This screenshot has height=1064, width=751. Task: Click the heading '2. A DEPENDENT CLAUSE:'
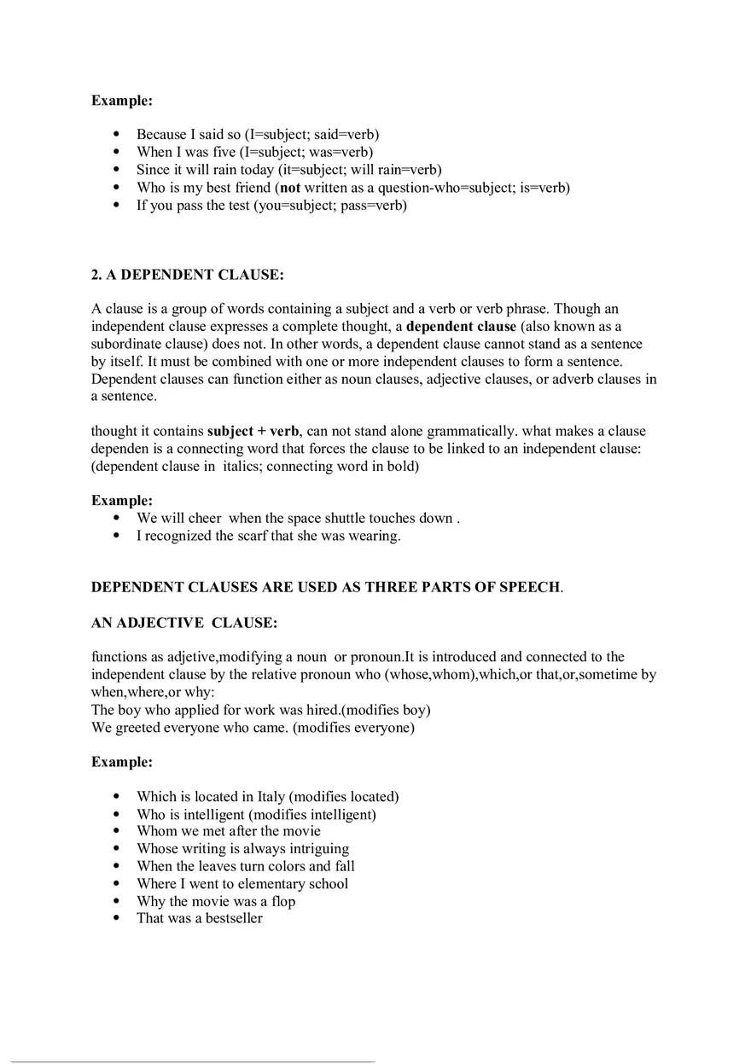point(188,276)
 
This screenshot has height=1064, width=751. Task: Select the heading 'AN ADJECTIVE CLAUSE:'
point(183,623)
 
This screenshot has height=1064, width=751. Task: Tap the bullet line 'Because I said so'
point(258,135)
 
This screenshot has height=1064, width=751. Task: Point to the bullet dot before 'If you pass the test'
point(117,206)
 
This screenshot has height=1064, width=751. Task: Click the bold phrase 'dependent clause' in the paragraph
point(461,327)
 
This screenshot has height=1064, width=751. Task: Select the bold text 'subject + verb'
point(253,432)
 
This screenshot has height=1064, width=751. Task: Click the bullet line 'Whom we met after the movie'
point(229,831)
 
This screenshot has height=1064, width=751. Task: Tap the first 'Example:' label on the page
point(122,101)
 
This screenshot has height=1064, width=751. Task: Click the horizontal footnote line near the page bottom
point(192,1061)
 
